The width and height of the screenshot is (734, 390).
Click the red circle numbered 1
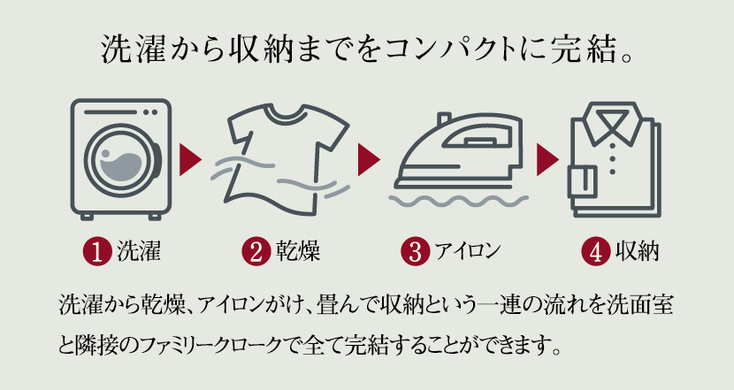97,252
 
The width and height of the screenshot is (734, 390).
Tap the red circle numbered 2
256,252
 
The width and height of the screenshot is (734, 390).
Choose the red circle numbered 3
416,252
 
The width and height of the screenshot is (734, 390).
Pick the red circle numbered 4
595,252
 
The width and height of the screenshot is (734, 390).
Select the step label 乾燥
298,251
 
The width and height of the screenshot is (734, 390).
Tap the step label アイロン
468,251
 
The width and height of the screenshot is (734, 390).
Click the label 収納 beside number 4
637,251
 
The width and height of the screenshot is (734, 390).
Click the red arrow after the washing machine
189,160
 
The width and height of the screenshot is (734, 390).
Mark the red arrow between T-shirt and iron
369,160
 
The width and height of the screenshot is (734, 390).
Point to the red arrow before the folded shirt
547,160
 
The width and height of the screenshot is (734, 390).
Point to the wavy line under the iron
459,202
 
